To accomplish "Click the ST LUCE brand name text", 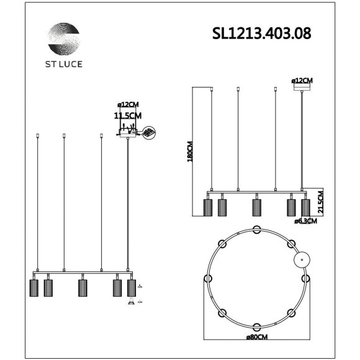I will click(x=64, y=64).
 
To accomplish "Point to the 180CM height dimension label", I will click(x=191, y=151).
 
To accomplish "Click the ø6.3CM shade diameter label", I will click(x=305, y=220).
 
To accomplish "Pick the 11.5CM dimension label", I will click(x=128, y=115).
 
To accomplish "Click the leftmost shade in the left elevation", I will click(x=35, y=288).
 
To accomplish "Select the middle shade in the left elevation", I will click(x=81, y=288).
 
